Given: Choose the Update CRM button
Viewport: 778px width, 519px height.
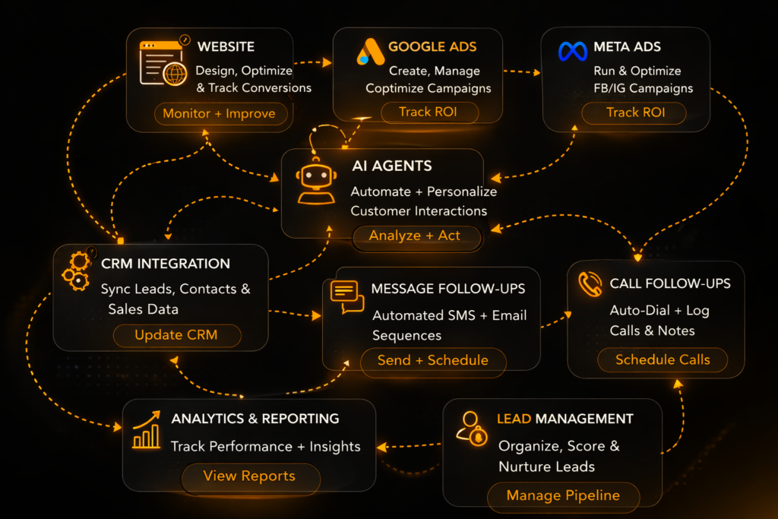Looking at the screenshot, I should (x=176, y=335).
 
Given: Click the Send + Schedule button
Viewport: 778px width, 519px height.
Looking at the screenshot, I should (x=432, y=360).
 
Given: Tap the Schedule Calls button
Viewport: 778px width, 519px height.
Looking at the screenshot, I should (x=662, y=359).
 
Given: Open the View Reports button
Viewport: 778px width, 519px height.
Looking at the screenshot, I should (x=248, y=476).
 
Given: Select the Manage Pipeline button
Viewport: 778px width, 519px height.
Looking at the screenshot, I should (x=563, y=495).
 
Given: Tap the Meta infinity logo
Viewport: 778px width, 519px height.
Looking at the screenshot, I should (x=573, y=51).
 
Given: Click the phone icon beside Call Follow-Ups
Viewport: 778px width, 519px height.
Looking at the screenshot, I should (x=590, y=284).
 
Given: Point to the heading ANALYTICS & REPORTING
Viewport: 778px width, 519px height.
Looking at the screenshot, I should (x=255, y=419).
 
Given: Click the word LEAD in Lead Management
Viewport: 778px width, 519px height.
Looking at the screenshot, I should (x=514, y=419).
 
